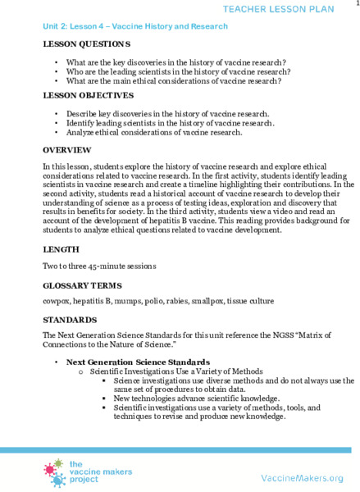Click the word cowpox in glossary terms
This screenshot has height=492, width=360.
(57, 301)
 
